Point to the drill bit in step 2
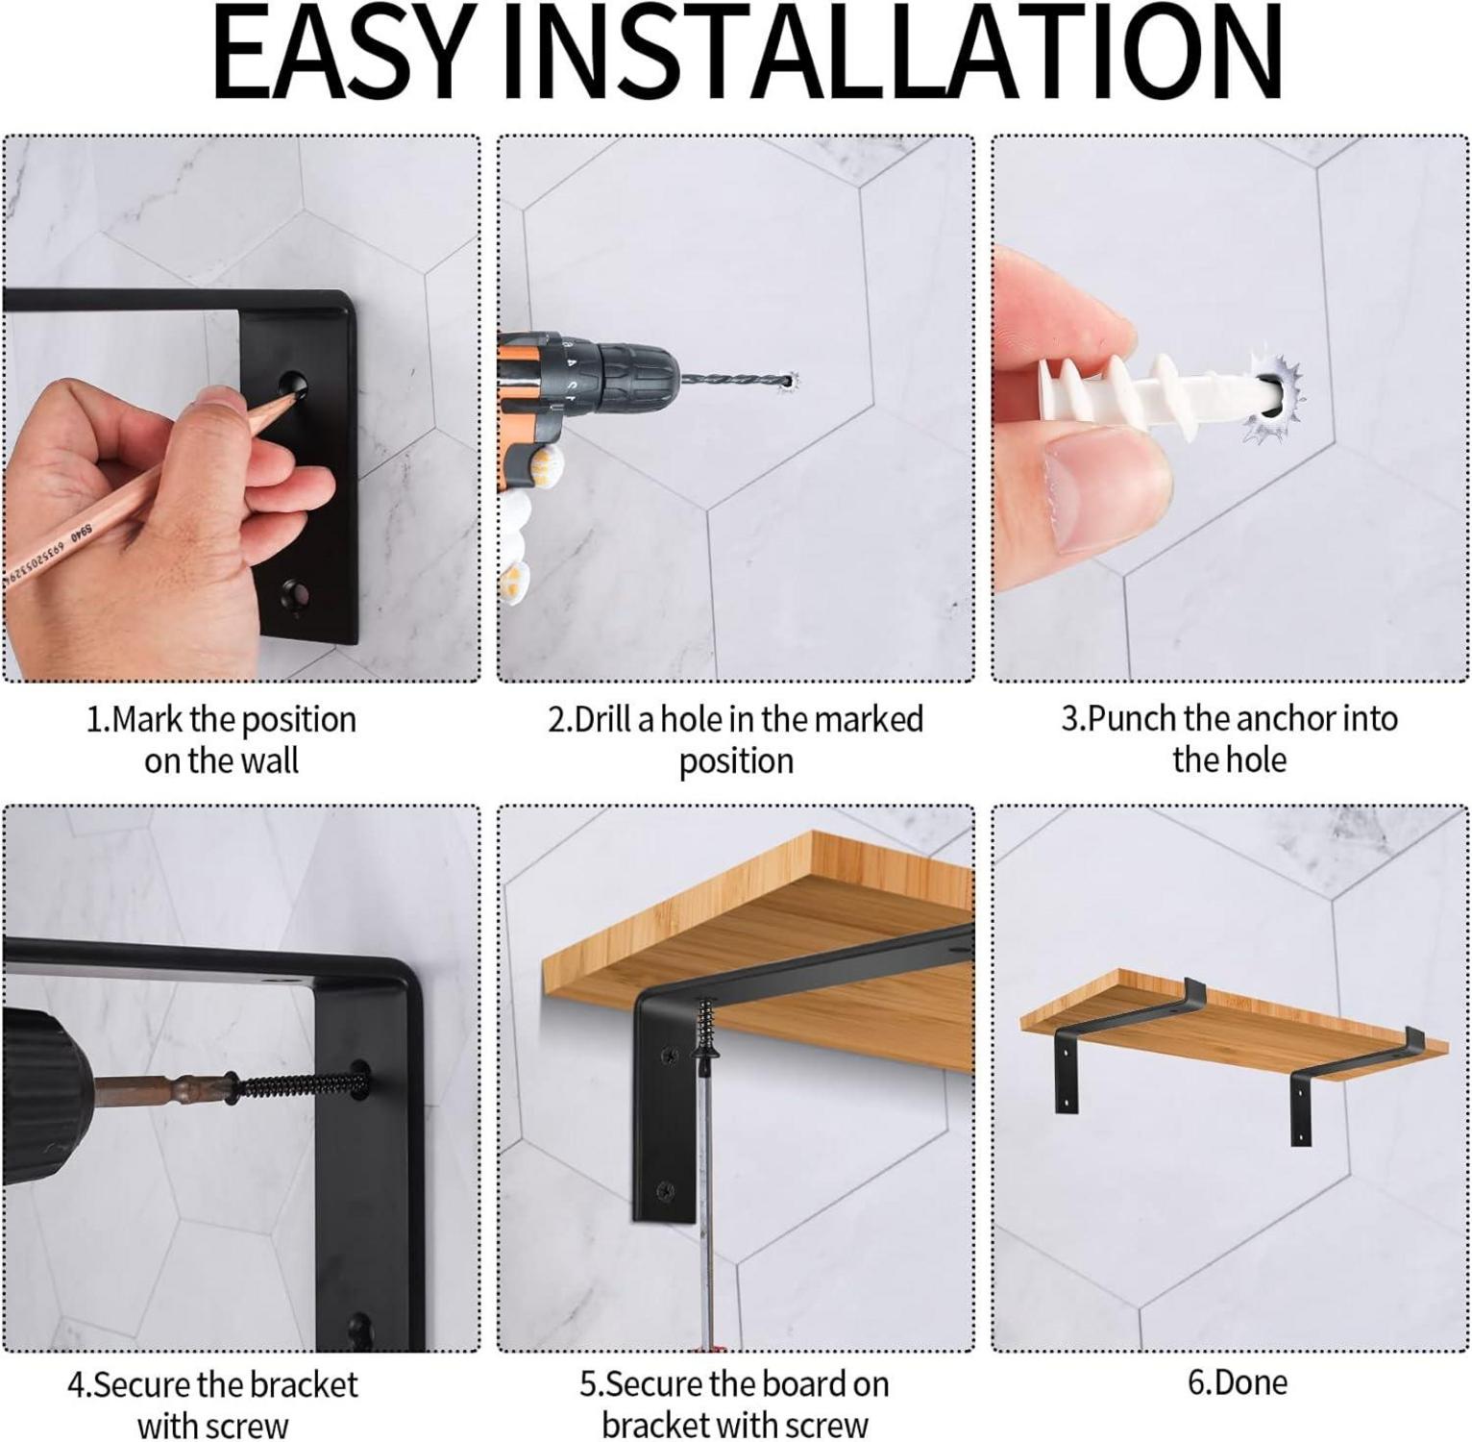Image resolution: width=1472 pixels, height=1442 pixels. (735, 381)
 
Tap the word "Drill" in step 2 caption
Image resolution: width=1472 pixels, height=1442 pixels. (603, 719)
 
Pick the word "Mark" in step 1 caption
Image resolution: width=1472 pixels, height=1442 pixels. (148, 719)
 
